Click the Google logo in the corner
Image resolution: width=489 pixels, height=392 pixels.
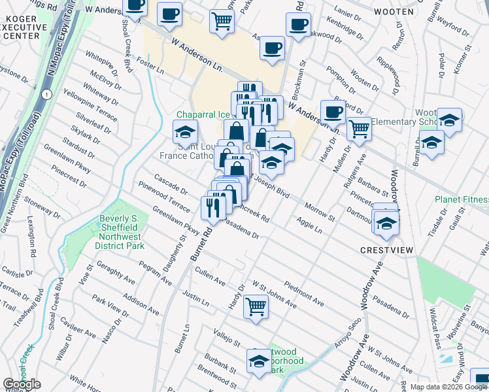(x=22, y=384)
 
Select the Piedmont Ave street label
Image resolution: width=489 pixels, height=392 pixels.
(x=304, y=294)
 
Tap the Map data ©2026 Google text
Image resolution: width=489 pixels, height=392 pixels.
(x=448, y=386)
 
